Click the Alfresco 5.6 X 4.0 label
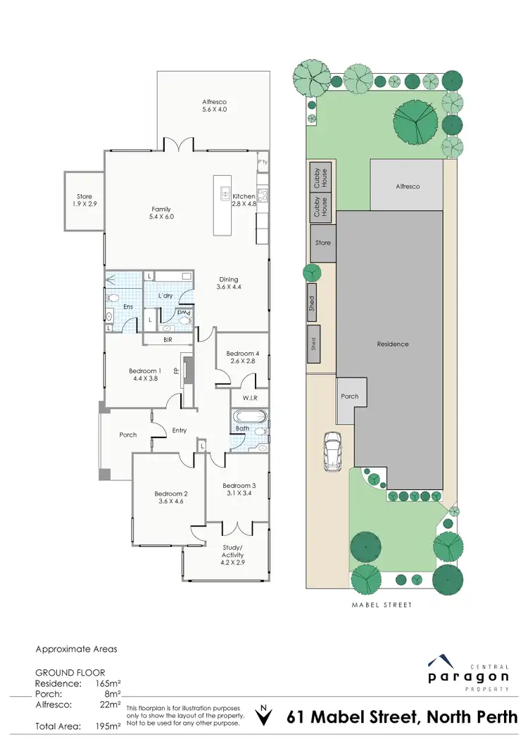pyautogui.click(x=214, y=105)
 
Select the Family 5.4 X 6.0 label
pyautogui.click(x=162, y=213)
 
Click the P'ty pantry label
pyautogui.click(x=263, y=162)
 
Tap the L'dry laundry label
pyautogui.click(x=165, y=295)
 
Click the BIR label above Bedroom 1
pyautogui.click(x=168, y=340)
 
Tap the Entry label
pyautogui.click(x=180, y=430)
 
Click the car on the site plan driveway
pyautogui.click(x=332, y=450)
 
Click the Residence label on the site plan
pyautogui.click(x=392, y=344)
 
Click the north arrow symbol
pyautogui.click(x=264, y=717)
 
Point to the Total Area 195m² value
pyautogui.click(x=108, y=724)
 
